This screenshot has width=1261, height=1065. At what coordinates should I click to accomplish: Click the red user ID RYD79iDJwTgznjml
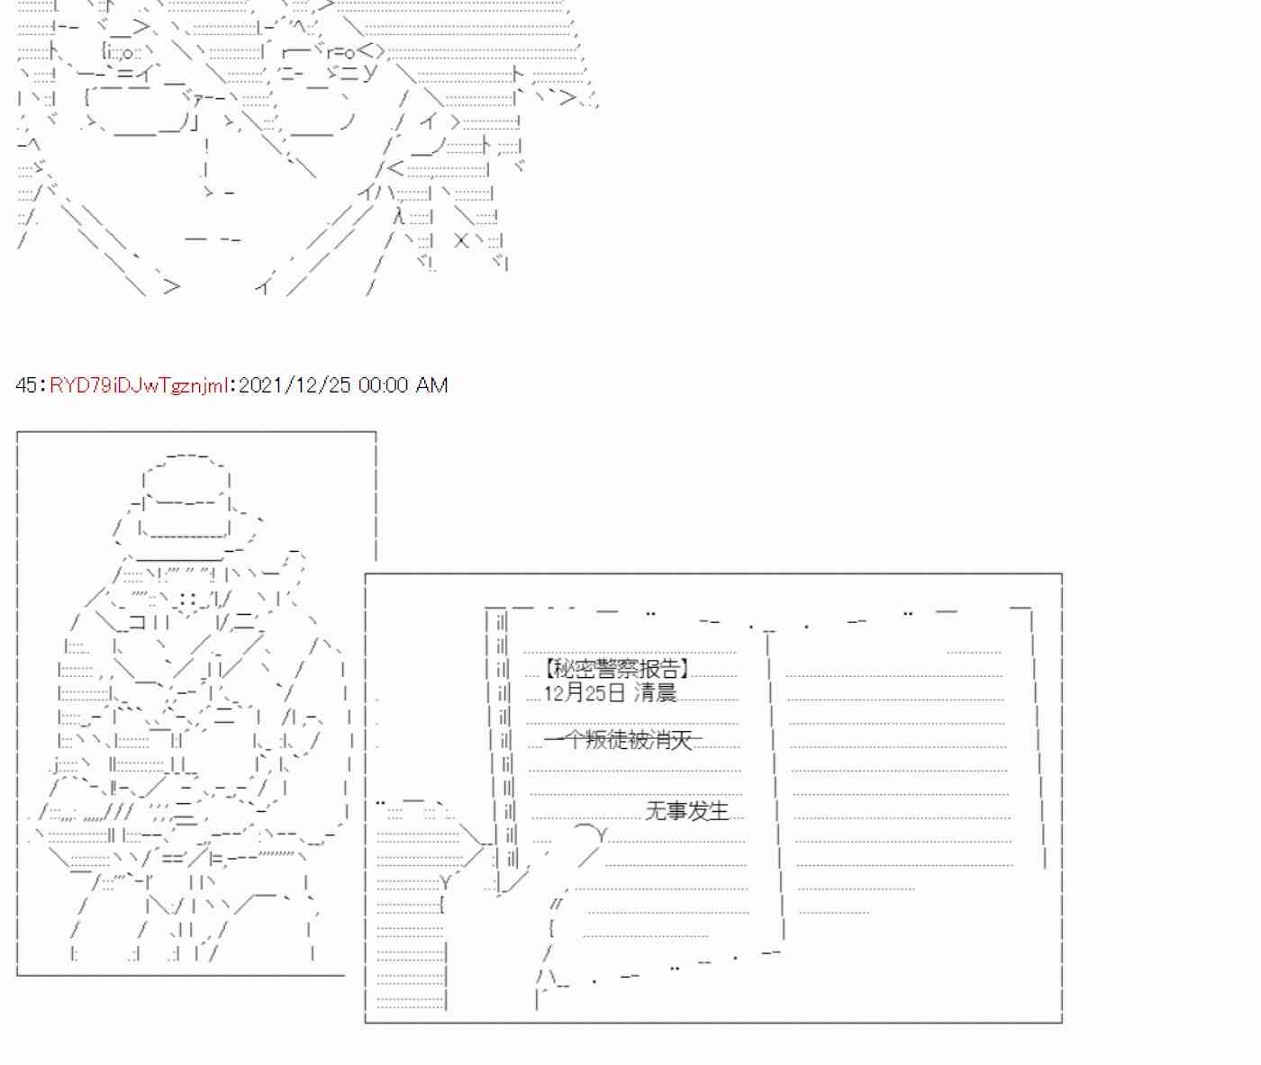[139, 385]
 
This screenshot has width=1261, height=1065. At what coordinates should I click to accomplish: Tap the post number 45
[27, 385]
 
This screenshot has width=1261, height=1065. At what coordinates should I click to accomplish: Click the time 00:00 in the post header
[383, 385]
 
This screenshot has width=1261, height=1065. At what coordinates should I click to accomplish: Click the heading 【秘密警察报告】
[616, 669]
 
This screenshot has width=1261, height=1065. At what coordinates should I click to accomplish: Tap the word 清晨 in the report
[655, 692]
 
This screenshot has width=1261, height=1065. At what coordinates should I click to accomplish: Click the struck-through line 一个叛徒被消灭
[622, 739]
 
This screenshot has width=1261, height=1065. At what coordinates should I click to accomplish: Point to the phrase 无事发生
[687, 811]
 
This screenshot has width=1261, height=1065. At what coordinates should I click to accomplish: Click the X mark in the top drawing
[461, 241]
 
